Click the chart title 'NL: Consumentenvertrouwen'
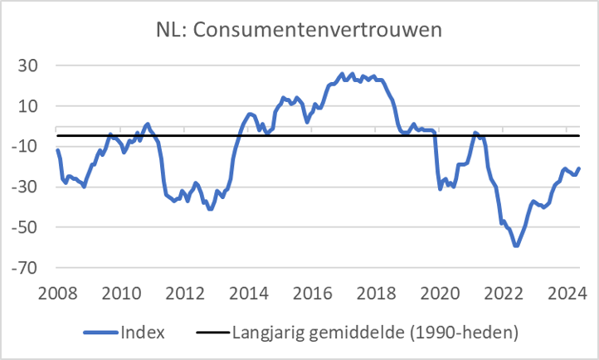point(299,30)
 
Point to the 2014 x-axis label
point(248,293)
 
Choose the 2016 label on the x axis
point(312,293)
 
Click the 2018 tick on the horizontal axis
point(376,293)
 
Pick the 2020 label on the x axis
point(440,293)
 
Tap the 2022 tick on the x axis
point(503,293)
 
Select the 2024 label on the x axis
point(567,293)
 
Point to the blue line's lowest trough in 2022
point(516,246)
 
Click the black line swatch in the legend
point(212,333)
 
